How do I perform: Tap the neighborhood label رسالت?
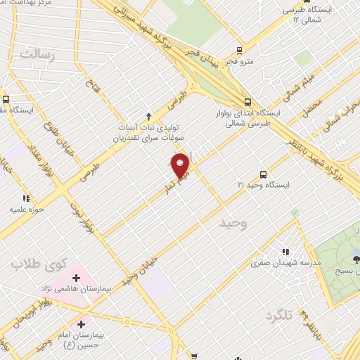tap(37, 54)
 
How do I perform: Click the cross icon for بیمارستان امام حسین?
tap(82, 325)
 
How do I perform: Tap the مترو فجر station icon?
tap(240, 51)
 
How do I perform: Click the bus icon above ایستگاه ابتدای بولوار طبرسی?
tap(247, 101)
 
